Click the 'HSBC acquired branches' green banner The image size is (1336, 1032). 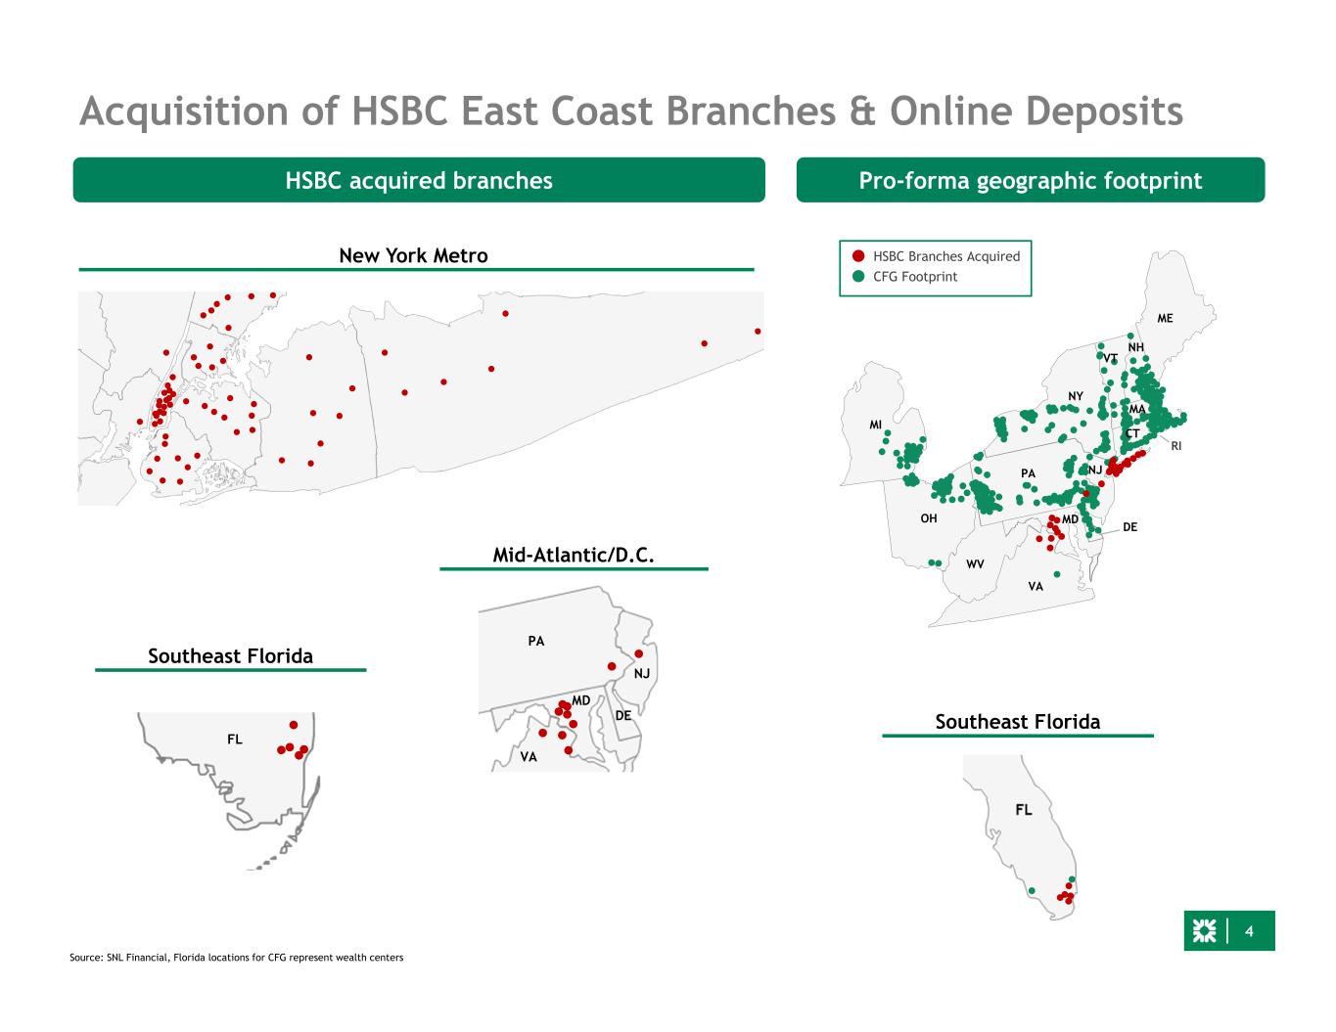tap(419, 180)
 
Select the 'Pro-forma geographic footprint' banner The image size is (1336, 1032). tap(1030, 180)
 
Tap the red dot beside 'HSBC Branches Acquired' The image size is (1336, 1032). tap(858, 255)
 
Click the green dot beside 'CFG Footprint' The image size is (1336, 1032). tap(858, 276)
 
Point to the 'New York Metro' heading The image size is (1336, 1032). tap(413, 255)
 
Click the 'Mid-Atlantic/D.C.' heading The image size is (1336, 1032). tap(573, 556)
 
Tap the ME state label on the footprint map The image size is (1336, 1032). tap(1165, 318)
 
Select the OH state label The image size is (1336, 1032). tap(929, 518)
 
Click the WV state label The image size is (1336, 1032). tap(975, 563)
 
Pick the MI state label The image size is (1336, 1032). tap(875, 425)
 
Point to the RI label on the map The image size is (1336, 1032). tap(1175, 446)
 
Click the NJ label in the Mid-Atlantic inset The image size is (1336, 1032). tap(641, 674)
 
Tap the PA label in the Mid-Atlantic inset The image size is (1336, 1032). tap(535, 642)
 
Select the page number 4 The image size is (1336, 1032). tap(1249, 931)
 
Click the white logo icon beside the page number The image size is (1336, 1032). tap(1204, 930)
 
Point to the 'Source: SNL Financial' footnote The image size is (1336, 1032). tap(236, 957)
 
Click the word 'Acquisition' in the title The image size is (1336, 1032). tap(184, 112)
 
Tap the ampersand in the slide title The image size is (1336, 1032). tap(862, 112)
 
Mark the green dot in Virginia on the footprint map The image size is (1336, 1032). tap(1056, 574)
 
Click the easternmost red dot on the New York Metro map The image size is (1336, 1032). tap(758, 331)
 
